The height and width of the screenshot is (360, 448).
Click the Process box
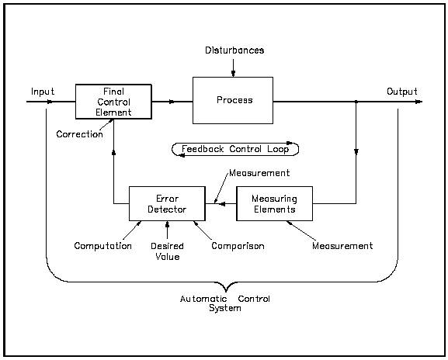[x=233, y=100]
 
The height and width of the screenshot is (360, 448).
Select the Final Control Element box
[x=113, y=101]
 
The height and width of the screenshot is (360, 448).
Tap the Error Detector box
[x=167, y=203]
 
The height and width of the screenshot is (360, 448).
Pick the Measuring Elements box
[x=274, y=203]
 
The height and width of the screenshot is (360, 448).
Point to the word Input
[x=43, y=92]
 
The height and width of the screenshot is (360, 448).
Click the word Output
[x=402, y=92]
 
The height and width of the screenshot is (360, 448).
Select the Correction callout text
[x=79, y=134]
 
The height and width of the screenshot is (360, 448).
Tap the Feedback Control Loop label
[x=234, y=149]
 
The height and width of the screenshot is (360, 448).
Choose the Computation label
[x=102, y=246]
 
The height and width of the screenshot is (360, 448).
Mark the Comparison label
[x=238, y=246]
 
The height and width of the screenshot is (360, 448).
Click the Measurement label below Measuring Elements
[x=342, y=246]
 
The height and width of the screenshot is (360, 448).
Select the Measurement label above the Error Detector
[x=259, y=173]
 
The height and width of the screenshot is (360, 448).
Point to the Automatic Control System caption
[x=225, y=303]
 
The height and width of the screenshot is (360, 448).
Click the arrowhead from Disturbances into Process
[x=233, y=74]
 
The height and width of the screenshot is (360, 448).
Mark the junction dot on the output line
[x=356, y=101]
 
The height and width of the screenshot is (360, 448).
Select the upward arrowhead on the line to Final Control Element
[x=113, y=152]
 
